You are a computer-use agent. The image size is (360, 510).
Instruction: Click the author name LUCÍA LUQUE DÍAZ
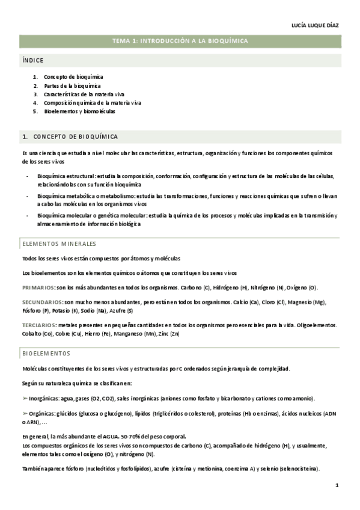pos(316,25)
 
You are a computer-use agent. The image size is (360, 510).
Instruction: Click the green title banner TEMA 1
pos(180,41)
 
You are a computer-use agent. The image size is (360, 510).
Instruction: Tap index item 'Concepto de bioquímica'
pos(73,77)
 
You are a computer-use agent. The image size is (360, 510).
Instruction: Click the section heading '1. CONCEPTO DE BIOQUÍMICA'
pos(70,137)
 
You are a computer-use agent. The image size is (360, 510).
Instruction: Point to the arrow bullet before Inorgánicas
pos(24,398)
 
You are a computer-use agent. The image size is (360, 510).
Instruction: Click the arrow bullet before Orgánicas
pos(24,414)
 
